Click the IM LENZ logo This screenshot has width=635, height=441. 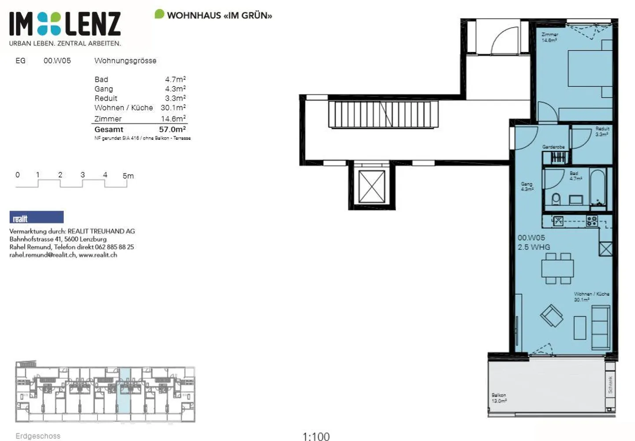click(x=65, y=24)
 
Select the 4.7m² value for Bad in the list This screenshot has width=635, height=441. click(x=175, y=79)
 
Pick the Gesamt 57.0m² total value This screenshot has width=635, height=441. click(x=172, y=129)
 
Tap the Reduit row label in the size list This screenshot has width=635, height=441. click(x=106, y=98)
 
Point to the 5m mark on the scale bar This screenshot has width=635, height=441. click(x=128, y=176)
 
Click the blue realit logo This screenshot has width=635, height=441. click(x=37, y=217)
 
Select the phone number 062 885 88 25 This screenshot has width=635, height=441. click(x=114, y=247)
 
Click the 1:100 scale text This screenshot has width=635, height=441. click(x=316, y=436)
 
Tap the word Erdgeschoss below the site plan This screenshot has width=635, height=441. click(x=38, y=436)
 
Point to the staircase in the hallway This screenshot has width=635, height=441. click(x=383, y=114)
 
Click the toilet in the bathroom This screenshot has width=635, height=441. click(x=556, y=200)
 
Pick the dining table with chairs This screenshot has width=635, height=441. click(x=557, y=268)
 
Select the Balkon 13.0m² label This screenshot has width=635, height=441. click(x=499, y=398)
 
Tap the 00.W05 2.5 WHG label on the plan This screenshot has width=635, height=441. click(x=534, y=242)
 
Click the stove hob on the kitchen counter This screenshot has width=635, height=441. click(x=591, y=221)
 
